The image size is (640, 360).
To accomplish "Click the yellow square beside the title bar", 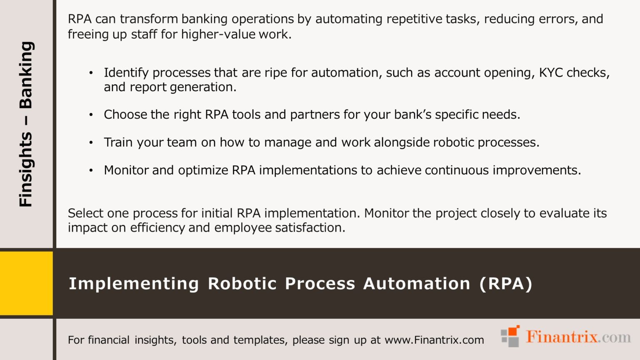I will (x=26, y=283).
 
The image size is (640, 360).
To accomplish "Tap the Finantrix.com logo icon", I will (x=510, y=336).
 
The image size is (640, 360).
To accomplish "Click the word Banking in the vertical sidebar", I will (x=26, y=75).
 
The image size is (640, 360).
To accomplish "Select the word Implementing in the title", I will (x=134, y=284).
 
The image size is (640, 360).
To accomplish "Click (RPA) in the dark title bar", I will (x=506, y=284).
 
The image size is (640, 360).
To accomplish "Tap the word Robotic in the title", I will (x=242, y=284).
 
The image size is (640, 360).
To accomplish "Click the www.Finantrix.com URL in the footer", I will (x=434, y=340).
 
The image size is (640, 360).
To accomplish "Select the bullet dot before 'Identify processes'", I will (x=91, y=73).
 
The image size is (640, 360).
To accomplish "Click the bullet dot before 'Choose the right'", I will (x=91, y=115).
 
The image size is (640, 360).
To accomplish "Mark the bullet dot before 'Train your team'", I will (x=91, y=143).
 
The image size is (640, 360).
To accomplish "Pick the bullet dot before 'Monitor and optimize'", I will (x=91, y=171).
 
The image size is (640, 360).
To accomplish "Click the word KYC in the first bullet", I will (x=551, y=72).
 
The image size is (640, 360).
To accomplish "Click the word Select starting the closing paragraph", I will (x=85, y=213).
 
